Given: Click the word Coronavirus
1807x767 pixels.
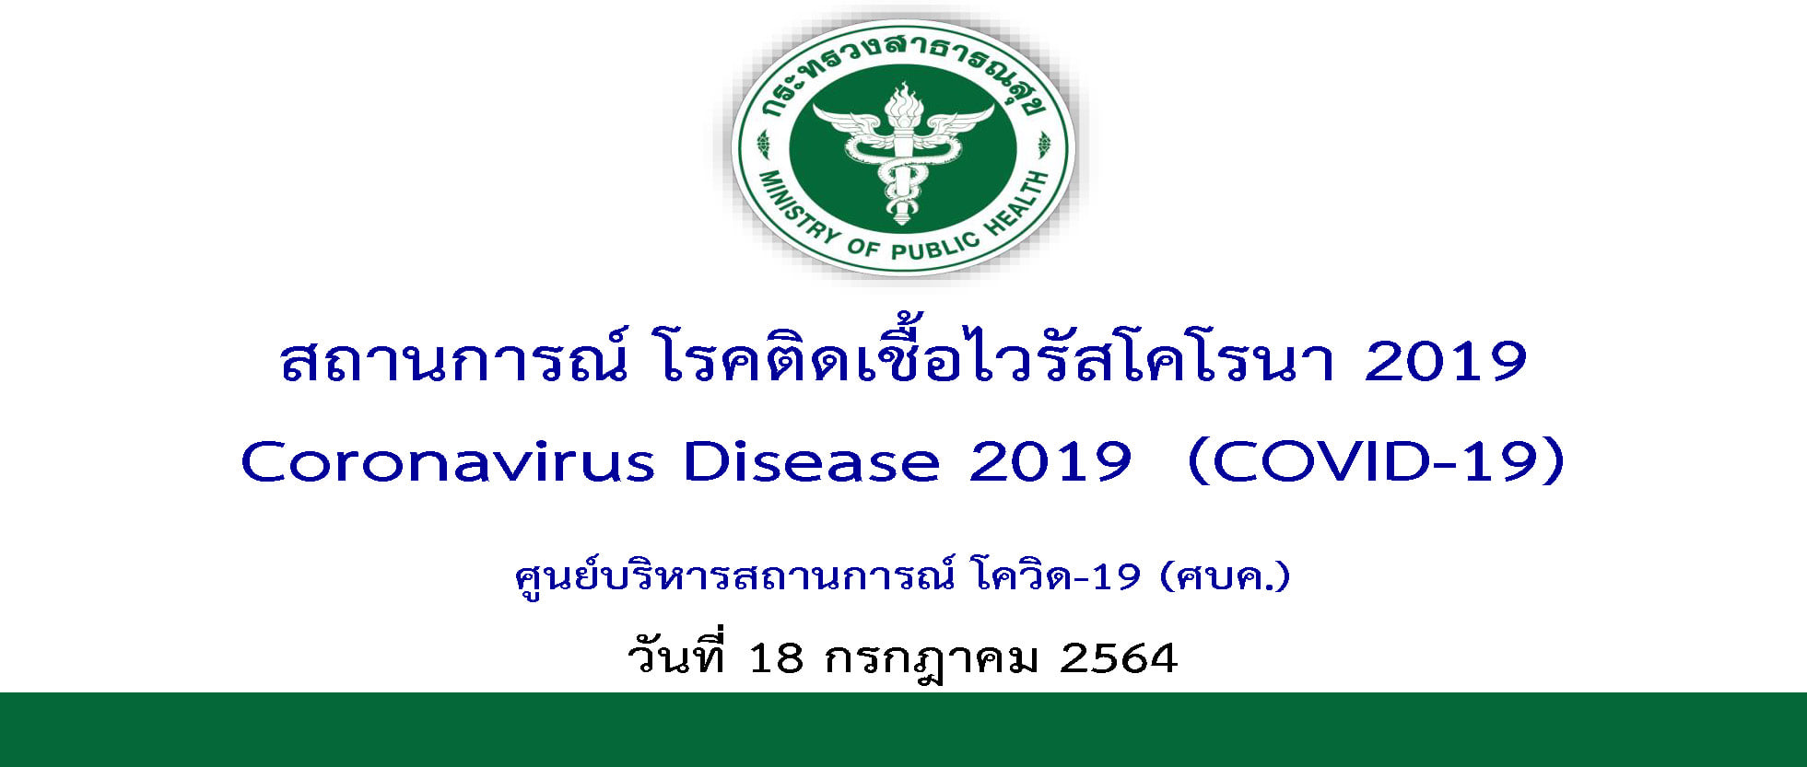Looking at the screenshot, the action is point(448,461).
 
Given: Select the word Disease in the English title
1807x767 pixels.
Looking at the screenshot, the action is point(811,461).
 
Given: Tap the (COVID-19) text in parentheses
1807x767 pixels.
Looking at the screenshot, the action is point(1377,461).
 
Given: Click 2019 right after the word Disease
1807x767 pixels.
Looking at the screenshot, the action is point(1050,461).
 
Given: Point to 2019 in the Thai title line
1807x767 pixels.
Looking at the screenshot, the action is point(1445,361).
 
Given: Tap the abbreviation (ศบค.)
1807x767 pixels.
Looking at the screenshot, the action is point(1226,577).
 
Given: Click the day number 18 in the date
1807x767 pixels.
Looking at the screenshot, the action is point(776,658).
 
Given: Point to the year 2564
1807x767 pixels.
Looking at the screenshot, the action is point(1119,658).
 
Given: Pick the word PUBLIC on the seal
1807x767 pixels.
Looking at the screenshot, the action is point(933,246).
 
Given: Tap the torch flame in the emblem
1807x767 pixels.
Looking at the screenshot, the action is point(902,103).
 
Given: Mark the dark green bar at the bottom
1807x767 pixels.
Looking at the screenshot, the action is point(903,729).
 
